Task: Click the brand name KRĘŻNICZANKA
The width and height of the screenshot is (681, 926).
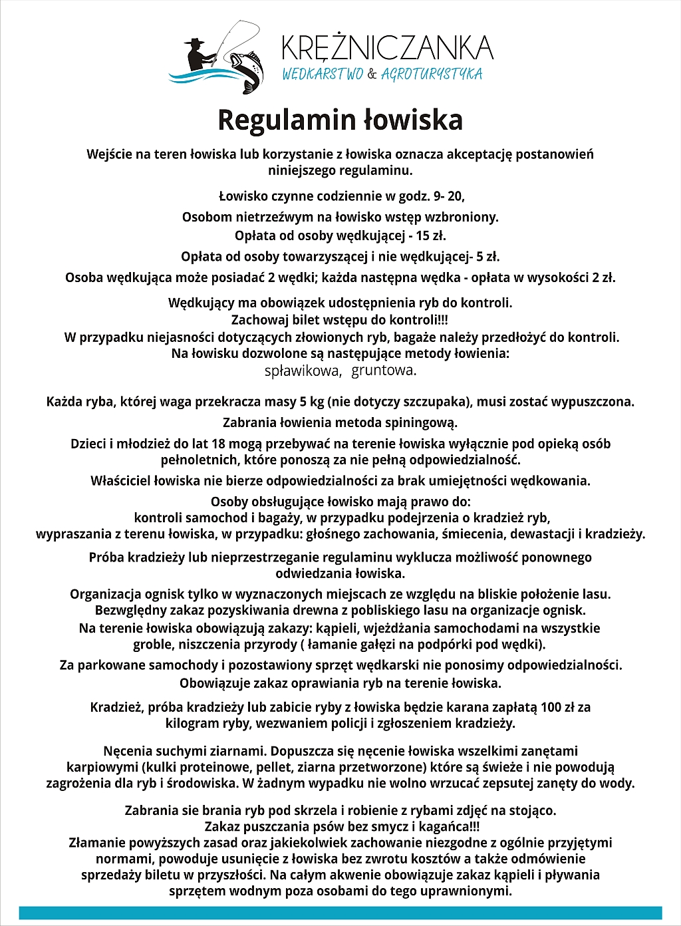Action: pos(387,48)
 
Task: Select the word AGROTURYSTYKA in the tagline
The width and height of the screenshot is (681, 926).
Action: pos(432,74)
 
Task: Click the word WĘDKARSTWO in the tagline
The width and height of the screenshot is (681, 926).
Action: pos(323,74)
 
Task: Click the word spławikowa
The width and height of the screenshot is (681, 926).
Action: pos(303,371)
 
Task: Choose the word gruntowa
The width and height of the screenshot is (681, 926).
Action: pos(384,371)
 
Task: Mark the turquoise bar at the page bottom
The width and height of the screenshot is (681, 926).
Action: pos(340,913)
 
